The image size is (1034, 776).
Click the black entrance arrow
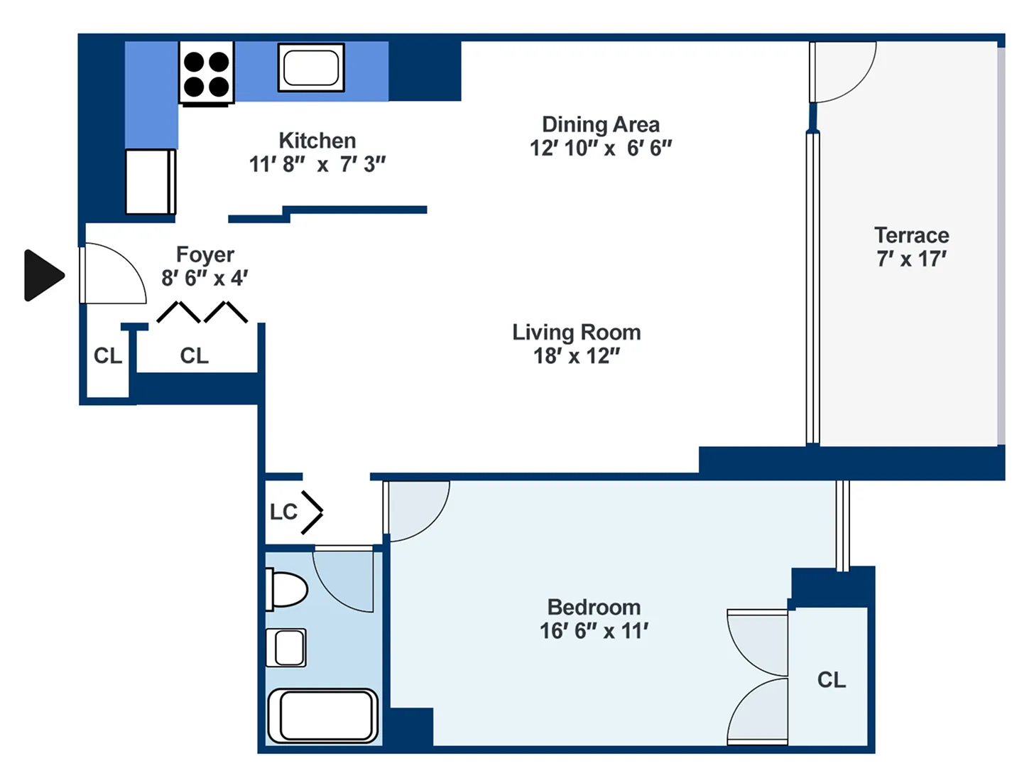click(43, 275)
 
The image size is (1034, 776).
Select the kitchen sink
click(311, 68)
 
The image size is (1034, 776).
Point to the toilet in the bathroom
click(287, 589)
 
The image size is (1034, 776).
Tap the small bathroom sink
click(286, 647)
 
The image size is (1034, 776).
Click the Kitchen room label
click(317, 140)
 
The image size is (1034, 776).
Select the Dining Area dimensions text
click(600, 148)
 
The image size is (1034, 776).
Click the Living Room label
click(577, 332)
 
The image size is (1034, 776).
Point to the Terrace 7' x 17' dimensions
click(911, 259)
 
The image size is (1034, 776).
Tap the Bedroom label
click(594, 607)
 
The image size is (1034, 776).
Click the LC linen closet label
click(283, 512)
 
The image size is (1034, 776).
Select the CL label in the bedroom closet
click(831, 680)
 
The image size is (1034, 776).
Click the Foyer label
click(205, 254)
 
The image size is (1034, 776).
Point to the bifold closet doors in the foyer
click(202, 312)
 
